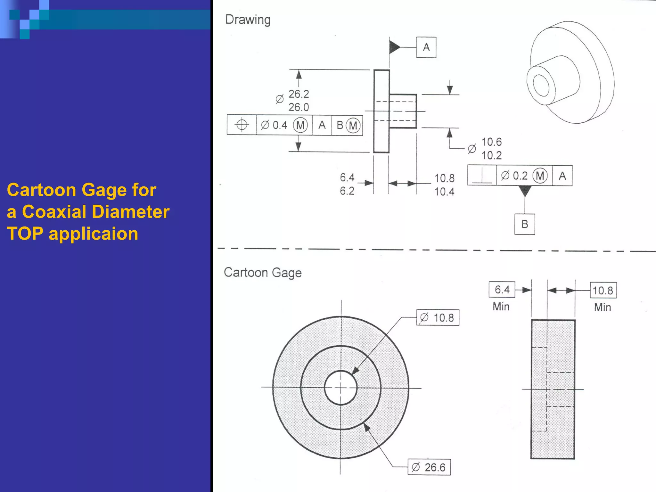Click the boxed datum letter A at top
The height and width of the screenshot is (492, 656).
pos(426,47)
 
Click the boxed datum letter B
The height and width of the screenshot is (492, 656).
pos(524,224)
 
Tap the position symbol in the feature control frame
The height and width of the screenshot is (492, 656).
pos(242,125)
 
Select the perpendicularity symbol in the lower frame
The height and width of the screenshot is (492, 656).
pos(482,176)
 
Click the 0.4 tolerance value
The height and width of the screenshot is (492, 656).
pos(280,125)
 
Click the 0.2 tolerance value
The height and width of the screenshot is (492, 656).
pos(520,176)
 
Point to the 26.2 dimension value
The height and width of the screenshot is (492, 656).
pos(299,94)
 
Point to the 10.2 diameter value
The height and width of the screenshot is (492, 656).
pos(491,155)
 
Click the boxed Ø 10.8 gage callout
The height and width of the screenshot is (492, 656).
pos(438,318)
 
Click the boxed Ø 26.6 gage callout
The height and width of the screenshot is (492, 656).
pos(429,467)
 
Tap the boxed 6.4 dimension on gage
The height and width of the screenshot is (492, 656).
pos(502,290)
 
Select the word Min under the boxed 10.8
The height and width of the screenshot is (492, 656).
pos(603,307)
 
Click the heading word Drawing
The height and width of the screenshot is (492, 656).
pos(248,20)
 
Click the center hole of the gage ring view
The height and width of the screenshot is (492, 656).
pos(340,388)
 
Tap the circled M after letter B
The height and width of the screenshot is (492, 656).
pos(353,125)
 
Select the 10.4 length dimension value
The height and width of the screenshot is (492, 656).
pos(444,192)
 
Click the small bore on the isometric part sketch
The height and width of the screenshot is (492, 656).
pos(541,85)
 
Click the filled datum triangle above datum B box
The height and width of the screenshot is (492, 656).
pos(525,191)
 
